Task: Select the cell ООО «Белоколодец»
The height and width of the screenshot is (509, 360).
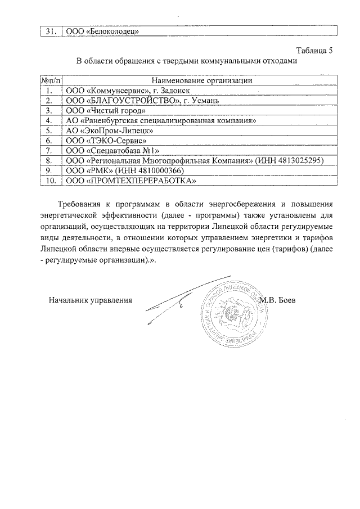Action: [x=102, y=31]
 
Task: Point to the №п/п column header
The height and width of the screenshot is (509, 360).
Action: [x=50, y=80]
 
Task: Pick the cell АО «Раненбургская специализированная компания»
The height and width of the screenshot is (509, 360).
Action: [x=161, y=120]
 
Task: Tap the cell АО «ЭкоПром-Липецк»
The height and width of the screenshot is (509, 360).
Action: [x=110, y=130]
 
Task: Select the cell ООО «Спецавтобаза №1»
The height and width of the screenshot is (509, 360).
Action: [x=113, y=150]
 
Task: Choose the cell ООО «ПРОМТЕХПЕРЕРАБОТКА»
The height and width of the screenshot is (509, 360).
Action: [x=131, y=180]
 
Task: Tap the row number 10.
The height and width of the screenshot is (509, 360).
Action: [x=50, y=180]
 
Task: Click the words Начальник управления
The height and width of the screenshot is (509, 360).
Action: [x=90, y=300]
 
